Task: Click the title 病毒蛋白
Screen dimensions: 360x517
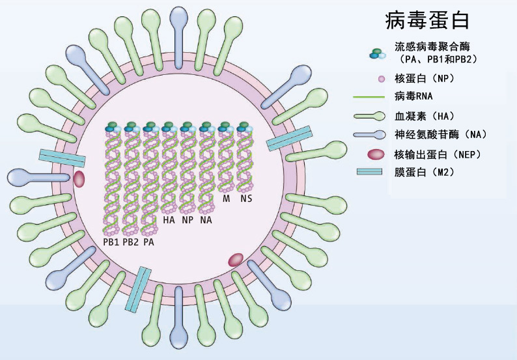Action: (x=427, y=20)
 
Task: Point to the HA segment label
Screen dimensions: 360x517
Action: (x=169, y=220)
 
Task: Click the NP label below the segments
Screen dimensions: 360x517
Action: (x=188, y=220)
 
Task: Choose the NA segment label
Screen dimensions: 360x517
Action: (x=206, y=220)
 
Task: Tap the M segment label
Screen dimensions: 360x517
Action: (x=227, y=198)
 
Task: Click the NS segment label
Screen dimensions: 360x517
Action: (x=245, y=198)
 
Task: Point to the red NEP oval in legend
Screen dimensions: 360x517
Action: (x=376, y=154)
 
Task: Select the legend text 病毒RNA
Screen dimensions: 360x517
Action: (x=414, y=98)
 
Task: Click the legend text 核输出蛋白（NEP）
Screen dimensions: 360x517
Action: (x=436, y=154)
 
